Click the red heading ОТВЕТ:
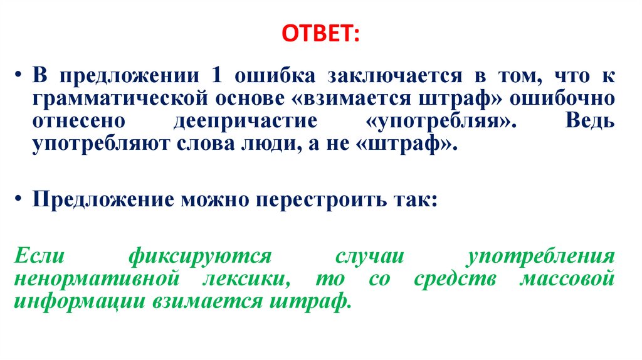tap(320, 33)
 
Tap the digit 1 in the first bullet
tap(216, 77)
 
